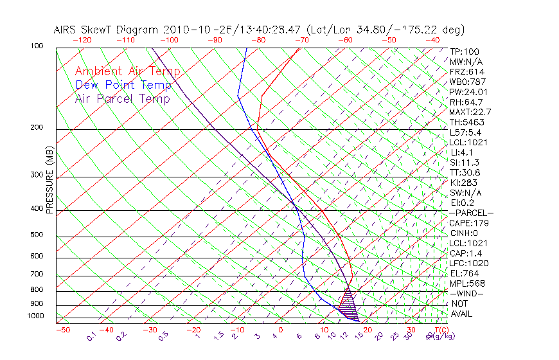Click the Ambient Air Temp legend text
[127, 71]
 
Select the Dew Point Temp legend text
[123, 85]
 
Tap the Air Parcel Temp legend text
[123, 98]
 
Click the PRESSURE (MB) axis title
[49, 181]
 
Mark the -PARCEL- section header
[471, 213]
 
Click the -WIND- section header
[466, 294]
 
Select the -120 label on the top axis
[83, 39]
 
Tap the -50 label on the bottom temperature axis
[62, 330]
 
